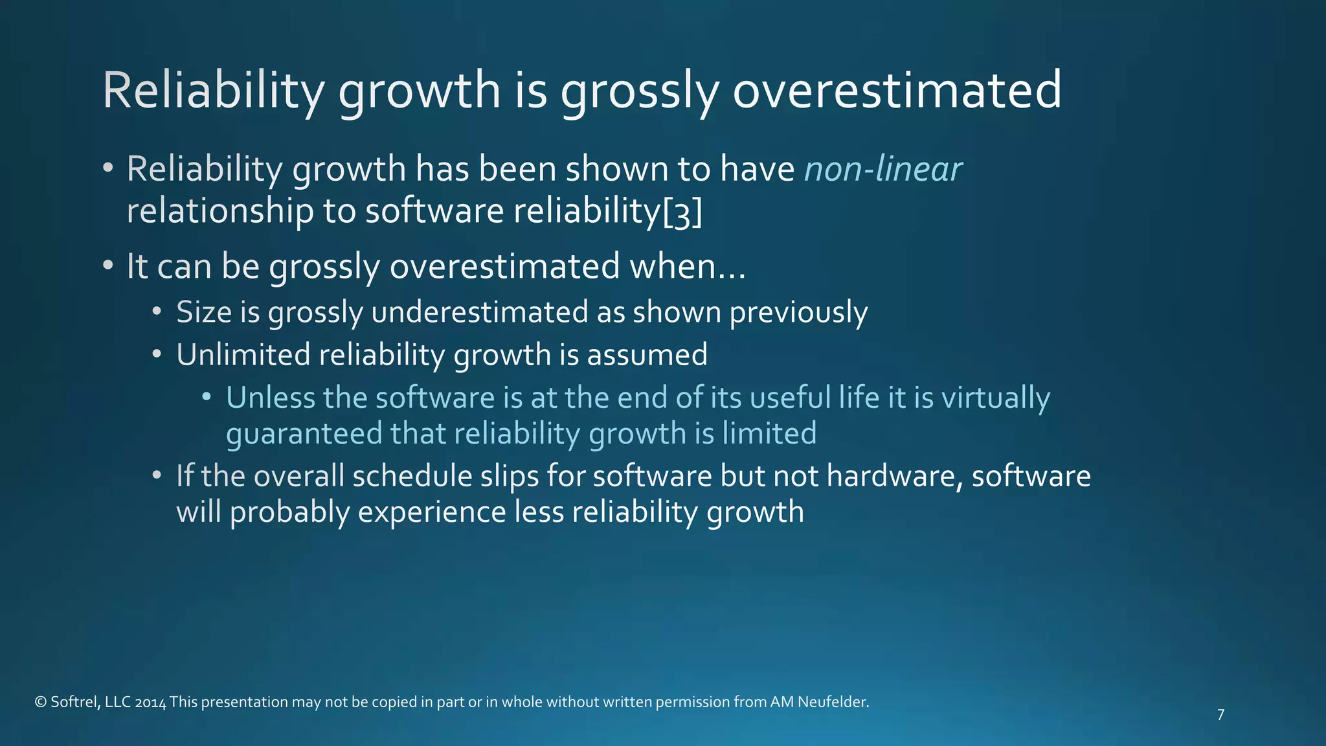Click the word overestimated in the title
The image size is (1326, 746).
point(897,91)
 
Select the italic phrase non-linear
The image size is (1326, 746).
point(882,170)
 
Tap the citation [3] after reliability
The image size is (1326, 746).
point(682,212)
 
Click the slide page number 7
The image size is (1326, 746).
point(1220,715)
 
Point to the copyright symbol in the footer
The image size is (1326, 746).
point(40,702)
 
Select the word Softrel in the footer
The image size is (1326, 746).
point(74,702)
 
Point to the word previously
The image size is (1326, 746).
point(798,313)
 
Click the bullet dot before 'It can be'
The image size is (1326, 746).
point(108,266)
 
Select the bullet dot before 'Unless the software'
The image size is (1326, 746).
point(206,396)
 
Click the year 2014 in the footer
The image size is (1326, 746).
point(151,703)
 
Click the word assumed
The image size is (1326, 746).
point(647,355)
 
